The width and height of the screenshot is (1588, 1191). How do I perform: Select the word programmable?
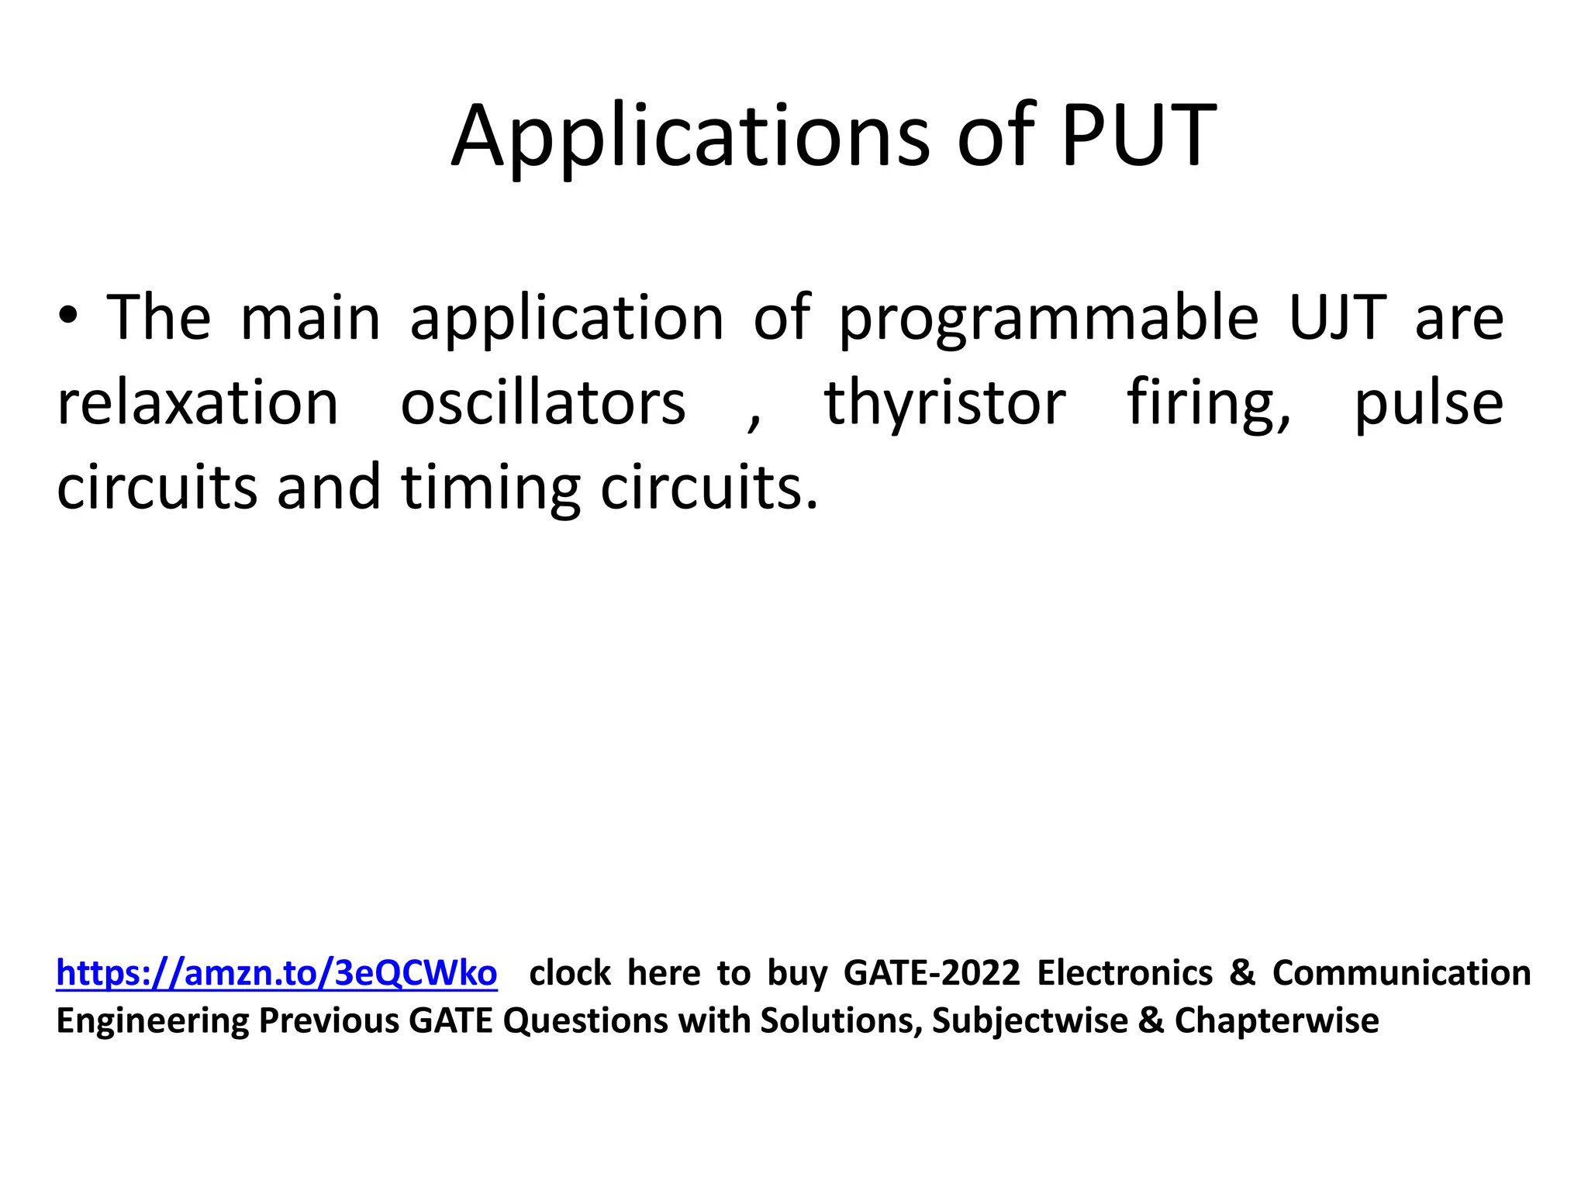tap(1049, 318)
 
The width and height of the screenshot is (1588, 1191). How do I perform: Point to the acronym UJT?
tap(1337, 318)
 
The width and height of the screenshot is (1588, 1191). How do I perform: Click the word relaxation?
tap(198, 402)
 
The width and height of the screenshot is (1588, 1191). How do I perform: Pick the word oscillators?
tap(543, 402)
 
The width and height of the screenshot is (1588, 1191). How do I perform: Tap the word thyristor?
tap(944, 402)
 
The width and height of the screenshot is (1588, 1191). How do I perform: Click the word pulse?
tap(1428, 402)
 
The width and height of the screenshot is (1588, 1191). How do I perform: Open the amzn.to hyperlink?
tap(277, 972)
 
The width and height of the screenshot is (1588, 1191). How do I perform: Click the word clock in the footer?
tap(570, 972)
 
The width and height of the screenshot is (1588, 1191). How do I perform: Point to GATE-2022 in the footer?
tap(931, 972)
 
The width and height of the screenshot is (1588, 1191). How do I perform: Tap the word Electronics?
tap(1125, 972)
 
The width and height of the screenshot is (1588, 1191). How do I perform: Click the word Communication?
tap(1401, 972)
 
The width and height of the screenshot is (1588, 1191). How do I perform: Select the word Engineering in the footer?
tap(153, 1020)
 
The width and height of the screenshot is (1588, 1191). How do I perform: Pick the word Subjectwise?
tap(1030, 1020)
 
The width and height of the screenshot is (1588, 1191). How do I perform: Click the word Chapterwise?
tap(1276, 1020)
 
